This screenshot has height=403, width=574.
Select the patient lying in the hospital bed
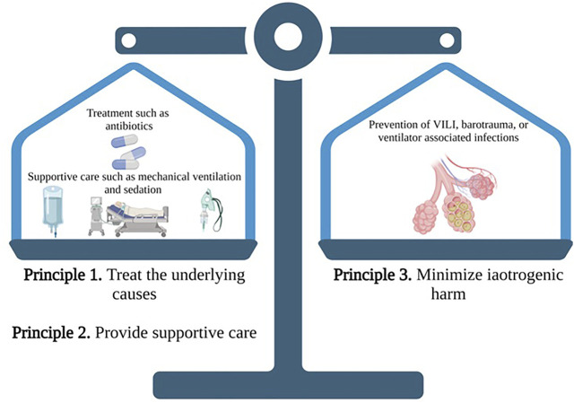[x=138, y=214]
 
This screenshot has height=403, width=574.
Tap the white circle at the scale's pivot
[x=288, y=37]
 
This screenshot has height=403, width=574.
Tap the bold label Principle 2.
[x=50, y=333]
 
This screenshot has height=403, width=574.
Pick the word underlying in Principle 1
[x=204, y=275]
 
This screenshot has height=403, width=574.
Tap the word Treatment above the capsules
[x=114, y=113]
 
